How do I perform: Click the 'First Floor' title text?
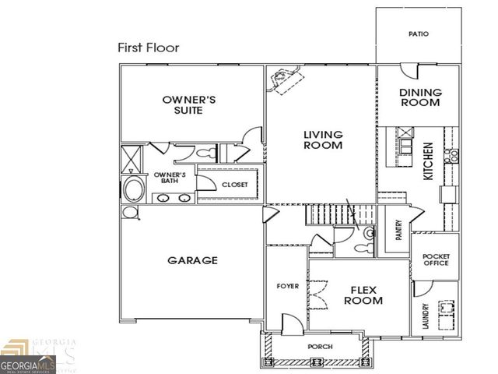click(148, 48)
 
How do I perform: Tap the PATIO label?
click(419, 34)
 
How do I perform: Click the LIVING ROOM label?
click(322, 139)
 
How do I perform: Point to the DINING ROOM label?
click(420, 97)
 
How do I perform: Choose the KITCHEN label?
click(427, 161)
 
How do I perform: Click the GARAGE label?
click(192, 260)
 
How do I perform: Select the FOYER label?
click(288, 286)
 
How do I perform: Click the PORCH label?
click(320, 346)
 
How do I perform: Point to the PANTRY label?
click(398, 230)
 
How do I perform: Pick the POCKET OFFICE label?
click(436, 259)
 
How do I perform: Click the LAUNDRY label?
click(426, 317)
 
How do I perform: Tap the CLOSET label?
click(235, 185)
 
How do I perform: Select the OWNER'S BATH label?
click(169, 178)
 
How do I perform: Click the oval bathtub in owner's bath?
click(132, 189)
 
